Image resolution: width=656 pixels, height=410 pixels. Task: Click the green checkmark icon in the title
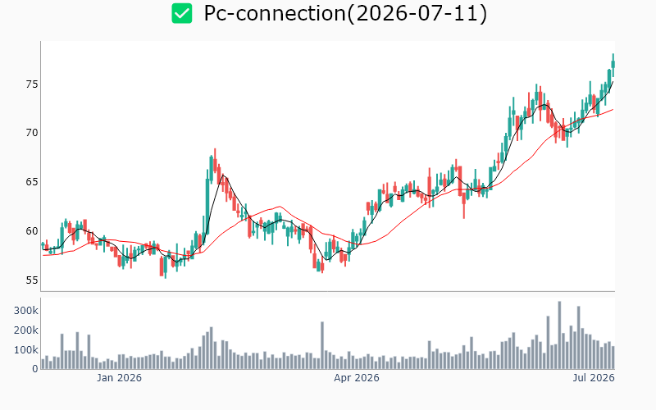pyautogui.click(x=182, y=13)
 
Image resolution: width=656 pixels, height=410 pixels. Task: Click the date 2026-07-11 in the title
pyautogui.click(x=417, y=13)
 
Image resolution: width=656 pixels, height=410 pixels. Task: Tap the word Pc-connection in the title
pyautogui.click(x=275, y=13)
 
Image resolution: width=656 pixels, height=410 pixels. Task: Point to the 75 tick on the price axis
pyautogui.click(x=32, y=84)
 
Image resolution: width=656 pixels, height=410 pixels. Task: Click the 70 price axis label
pyautogui.click(x=32, y=133)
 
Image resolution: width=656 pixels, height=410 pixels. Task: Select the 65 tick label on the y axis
pyautogui.click(x=32, y=182)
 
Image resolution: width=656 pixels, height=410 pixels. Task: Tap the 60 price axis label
pyautogui.click(x=32, y=231)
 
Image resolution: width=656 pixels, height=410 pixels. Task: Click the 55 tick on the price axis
pyautogui.click(x=32, y=280)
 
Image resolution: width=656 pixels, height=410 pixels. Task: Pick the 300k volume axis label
pyautogui.click(x=26, y=311)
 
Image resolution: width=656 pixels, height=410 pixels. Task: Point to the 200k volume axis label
pyautogui.click(x=26, y=330)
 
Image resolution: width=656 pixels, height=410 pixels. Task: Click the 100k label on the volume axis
pyautogui.click(x=26, y=350)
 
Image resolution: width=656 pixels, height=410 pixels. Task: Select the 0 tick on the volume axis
pyautogui.click(x=35, y=369)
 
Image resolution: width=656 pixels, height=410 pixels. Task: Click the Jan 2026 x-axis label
pyautogui.click(x=119, y=378)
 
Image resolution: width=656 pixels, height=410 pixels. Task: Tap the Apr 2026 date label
pyautogui.click(x=357, y=378)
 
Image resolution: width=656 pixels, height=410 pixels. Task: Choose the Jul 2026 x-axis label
pyautogui.click(x=594, y=378)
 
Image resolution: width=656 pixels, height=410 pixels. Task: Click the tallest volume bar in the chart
pyautogui.click(x=559, y=335)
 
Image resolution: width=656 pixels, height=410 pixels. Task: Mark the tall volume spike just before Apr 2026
pyautogui.click(x=322, y=345)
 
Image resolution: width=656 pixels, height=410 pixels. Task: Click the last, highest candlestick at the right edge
pyautogui.click(x=613, y=65)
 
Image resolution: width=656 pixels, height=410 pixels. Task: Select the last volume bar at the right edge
pyautogui.click(x=613, y=358)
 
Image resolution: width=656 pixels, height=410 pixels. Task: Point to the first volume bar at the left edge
pyautogui.click(x=43, y=364)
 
